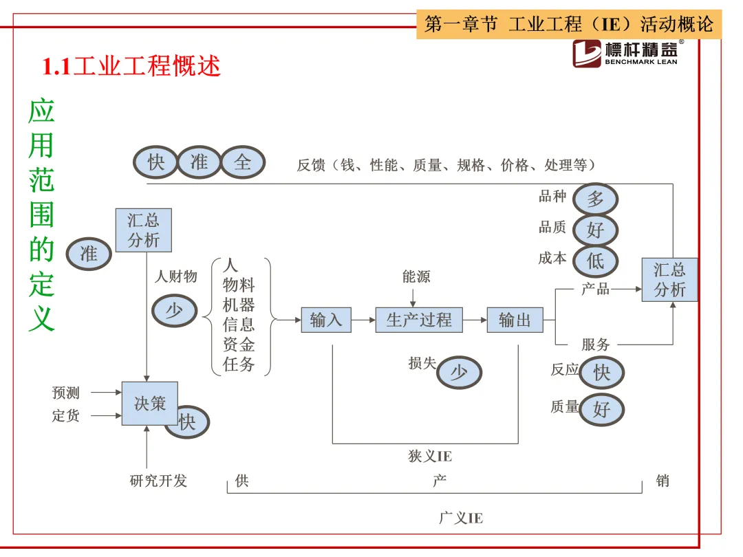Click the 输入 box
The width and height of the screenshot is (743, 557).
[x=326, y=320]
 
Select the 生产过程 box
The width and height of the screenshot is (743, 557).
[x=419, y=320]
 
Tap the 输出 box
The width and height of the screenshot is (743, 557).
[x=515, y=320]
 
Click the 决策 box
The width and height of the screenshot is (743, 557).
[x=150, y=404]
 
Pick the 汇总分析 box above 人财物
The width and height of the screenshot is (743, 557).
[x=143, y=230]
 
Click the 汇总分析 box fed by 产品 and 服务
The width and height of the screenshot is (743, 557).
[x=669, y=280]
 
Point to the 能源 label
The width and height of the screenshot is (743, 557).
[x=416, y=277]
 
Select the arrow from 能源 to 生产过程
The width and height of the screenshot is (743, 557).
[x=413, y=297]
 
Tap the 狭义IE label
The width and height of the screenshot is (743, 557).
[x=430, y=457]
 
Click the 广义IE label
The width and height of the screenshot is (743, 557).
[x=461, y=518]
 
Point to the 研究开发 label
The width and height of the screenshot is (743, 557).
[x=158, y=481]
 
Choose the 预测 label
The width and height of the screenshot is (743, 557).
[x=66, y=393]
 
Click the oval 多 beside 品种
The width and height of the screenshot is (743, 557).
[x=595, y=199]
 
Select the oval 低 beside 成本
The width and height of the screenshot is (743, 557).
[x=595, y=261]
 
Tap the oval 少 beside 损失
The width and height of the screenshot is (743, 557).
[x=458, y=373]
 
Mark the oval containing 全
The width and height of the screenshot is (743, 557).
[x=242, y=162]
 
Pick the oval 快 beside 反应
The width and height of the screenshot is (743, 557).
[x=601, y=373]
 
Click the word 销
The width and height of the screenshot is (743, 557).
[x=663, y=481]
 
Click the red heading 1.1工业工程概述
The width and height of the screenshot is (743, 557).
[x=131, y=67]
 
